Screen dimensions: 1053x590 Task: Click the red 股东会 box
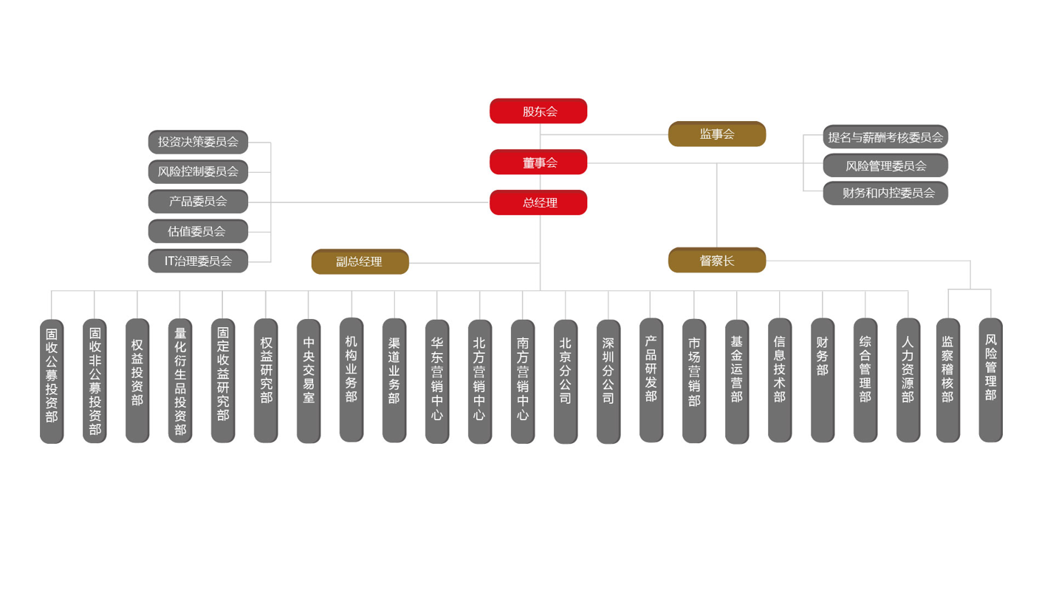[x=538, y=111]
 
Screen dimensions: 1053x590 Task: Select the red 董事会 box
[x=538, y=162]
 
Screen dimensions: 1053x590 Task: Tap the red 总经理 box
[x=538, y=202]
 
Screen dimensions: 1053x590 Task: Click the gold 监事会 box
[x=717, y=134]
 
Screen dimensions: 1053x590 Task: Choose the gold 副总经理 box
[x=360, y=261]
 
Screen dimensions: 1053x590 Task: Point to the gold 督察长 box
[x=717, y=260]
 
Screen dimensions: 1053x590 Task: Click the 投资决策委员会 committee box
[x=198, y=142]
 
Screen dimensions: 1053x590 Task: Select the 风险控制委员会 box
[x=198, y=171]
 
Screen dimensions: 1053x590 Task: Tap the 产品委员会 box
[x=198, y=201]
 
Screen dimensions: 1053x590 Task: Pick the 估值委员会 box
[x=198, y=231]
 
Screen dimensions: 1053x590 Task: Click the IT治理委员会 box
[x=198, y=261]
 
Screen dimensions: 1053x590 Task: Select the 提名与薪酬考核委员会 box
[x=885, y=137]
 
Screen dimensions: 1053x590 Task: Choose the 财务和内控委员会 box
[x=885, y=193]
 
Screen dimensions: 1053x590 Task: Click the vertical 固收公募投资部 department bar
[x=52, y=381]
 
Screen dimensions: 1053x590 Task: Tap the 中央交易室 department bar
[x=309, y=381]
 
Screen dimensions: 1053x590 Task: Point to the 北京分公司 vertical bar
[x=566, y=381]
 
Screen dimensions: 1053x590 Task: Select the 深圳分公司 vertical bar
[x=608, y=381]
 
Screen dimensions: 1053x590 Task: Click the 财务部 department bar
[x=823, y=380]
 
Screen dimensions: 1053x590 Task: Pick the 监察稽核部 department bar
[x=947, y=380]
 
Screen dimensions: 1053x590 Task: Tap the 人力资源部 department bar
[x=908, y=380]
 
